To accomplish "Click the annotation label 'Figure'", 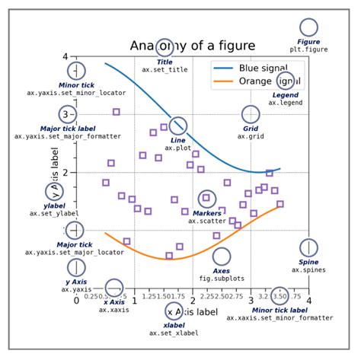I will tap(308, 41).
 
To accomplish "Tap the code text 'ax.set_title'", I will tap(165, 70).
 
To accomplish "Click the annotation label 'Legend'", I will tap(286, 94).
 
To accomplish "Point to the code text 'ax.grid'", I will tap(251, 136).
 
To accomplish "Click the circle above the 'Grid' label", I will tap(251, 114).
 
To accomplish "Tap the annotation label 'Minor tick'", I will tap(76, 85).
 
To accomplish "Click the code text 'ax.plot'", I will tap(178, 148).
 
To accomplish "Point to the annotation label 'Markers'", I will tap(207, 214).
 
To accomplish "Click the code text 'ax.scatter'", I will tap(207, 221).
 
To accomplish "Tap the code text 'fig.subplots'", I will tap(221, 279).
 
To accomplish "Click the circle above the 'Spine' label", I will tap(308, 247).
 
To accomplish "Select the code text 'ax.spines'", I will tap(308, 269).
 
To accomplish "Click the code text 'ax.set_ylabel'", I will tap(55, 213).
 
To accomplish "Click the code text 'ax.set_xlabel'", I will tap(174, 333).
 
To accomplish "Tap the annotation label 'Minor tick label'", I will tap(280, 311).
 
